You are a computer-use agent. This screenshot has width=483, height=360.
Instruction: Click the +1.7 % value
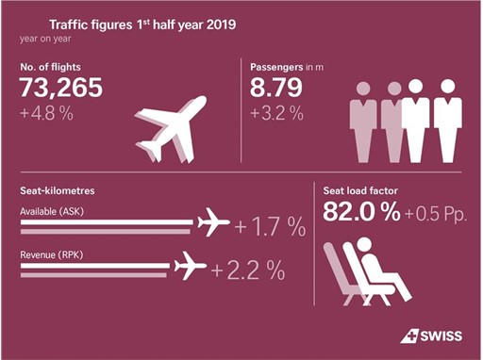click(270, 227)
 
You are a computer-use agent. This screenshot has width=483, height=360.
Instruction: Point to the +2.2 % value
click(248, 270)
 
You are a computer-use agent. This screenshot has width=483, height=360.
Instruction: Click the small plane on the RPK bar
click(192, 267)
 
